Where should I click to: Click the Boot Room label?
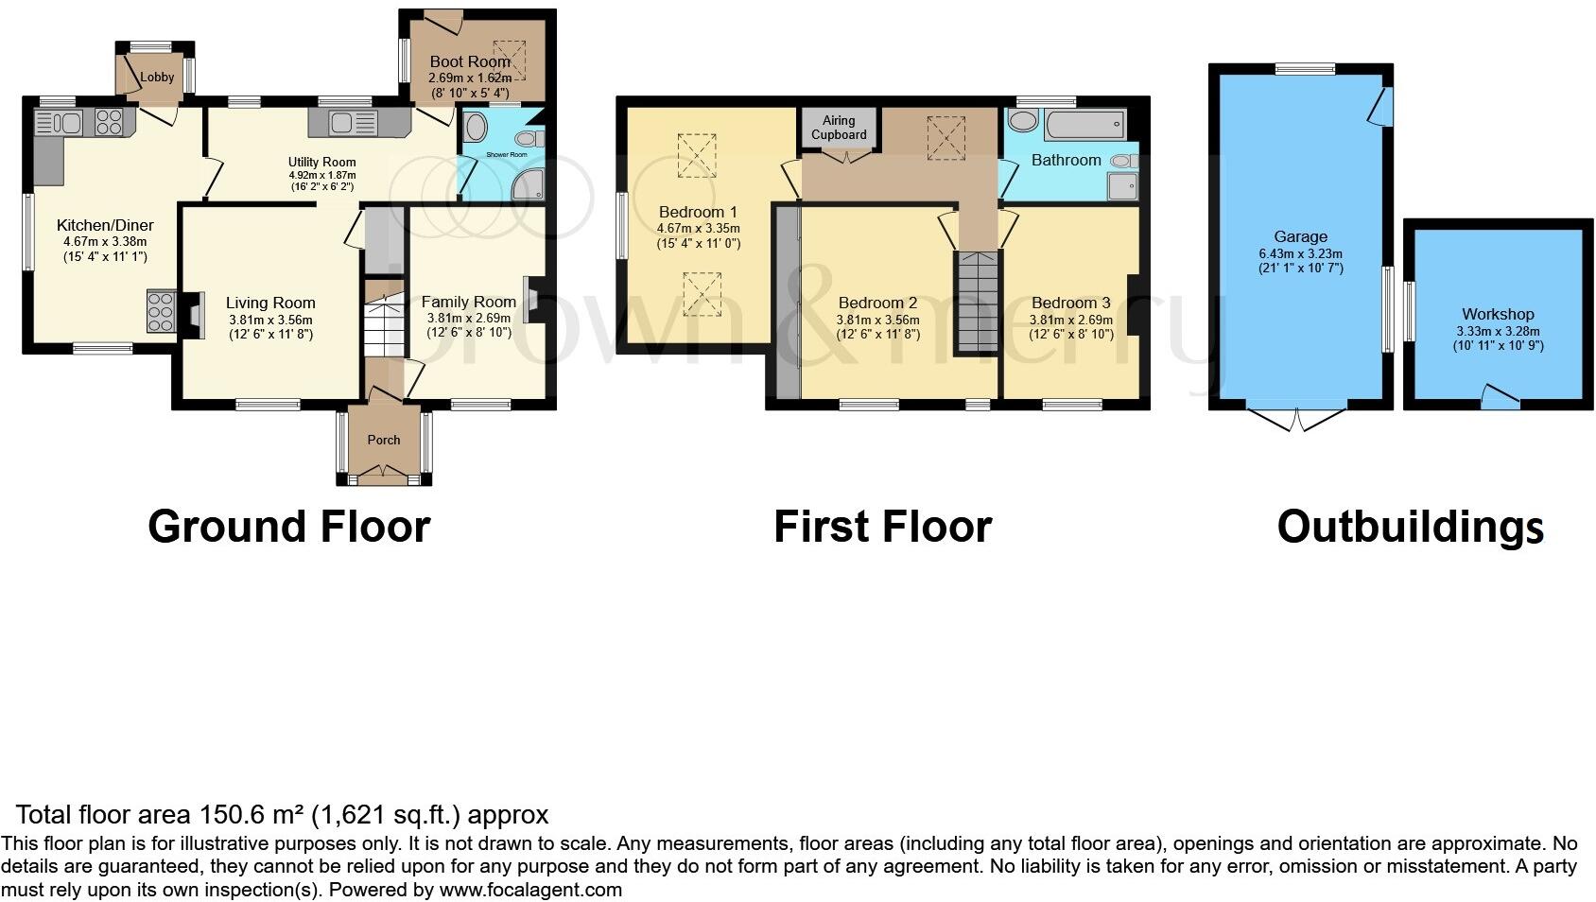469,61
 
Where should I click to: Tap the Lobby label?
158,77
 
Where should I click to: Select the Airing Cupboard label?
839,128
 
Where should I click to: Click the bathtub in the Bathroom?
1084,123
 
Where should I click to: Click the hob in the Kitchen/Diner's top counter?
109,122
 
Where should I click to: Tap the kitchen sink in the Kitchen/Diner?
59,122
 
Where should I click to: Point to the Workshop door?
1498,397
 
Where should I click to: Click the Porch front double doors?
385,472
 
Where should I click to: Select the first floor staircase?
976,301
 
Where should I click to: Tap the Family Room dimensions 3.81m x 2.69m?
468,319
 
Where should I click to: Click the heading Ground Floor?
288,527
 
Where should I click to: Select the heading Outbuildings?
1410,527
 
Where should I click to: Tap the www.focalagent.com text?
530,890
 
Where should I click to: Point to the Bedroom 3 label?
1070,303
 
